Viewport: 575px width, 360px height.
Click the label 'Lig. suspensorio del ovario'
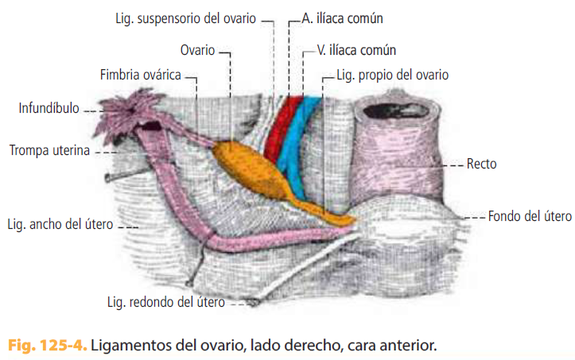coord(185,17)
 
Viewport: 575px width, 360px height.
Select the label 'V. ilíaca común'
coord(355,51)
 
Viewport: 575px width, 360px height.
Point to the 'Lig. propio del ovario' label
coord(393,75)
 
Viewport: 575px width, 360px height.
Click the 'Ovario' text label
coord(197,51)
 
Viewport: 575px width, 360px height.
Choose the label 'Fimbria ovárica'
coord(140,75)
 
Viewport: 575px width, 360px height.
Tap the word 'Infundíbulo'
coord(49,108)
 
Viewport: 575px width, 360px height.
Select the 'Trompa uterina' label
coord(49,149)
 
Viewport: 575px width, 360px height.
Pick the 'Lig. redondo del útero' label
coord(165,302)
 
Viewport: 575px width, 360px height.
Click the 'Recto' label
coord(483,165)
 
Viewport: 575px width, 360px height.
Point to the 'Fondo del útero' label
coord(530,215)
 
